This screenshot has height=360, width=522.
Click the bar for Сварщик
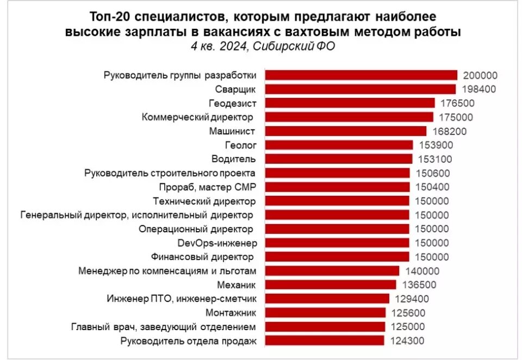click(361, 89)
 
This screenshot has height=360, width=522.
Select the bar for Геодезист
click(350, 103)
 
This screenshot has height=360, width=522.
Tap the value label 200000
click(480, 76)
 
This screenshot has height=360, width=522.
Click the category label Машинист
click(232, 131)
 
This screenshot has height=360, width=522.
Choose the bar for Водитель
click(339, 159)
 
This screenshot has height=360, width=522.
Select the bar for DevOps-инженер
click(337, 243)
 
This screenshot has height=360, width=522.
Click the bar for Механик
click(331, 285)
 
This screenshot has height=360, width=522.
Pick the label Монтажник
click(231, 313)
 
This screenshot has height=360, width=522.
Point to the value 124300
click(407, 341)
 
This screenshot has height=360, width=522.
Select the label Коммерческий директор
click(198, 117)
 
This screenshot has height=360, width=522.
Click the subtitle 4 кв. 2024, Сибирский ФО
click(263, 46)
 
